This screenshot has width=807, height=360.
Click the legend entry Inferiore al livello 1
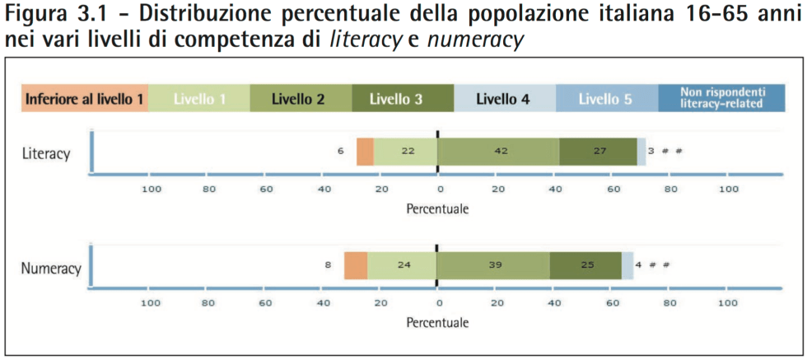click(x=85, y=99)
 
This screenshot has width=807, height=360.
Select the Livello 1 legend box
click(x=198, y=99)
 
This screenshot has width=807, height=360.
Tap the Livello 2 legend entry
click(x=301, y=99)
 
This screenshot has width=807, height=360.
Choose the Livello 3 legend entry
click(x=403, y=99)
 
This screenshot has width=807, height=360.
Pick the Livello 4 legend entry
click(x=505, y=99)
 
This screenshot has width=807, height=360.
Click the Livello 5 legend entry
click(x=607, y=99)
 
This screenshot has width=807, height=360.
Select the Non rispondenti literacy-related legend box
click(x=721, y=99)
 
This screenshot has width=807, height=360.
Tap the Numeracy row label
click(x=50, y=269)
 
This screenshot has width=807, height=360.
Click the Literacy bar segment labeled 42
click(x=498, y=152)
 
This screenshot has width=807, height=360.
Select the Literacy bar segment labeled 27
click(x=598, y=152)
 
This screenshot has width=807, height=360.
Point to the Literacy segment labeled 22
click(x=406, y=152)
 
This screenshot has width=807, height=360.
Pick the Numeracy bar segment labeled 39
click(x=493, y=266)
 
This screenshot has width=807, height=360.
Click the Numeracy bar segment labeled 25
click(x=585, y=266)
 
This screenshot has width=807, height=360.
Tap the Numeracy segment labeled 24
click(x=402, y=266)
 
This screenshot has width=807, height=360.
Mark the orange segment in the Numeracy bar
click(x=356, y=266)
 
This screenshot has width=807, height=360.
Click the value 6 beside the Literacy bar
click(x=340, y=152)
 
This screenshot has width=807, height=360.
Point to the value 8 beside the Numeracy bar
click(x=327, y=266)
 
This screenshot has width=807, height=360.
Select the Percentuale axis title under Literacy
click(x=437, y=208)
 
